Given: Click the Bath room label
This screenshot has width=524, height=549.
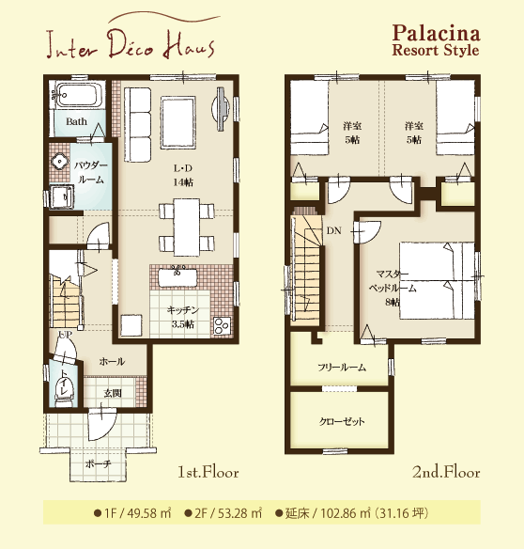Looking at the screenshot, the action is click(x=76, y=121).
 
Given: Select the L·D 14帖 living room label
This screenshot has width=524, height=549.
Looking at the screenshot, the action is click(x=183, y=175).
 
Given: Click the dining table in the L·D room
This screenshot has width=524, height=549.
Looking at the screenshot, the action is click(x=187, y=227).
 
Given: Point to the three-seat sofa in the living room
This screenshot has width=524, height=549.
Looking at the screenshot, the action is click(x=137, y=124).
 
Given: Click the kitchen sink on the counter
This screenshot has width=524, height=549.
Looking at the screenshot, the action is click(x=177, y=278).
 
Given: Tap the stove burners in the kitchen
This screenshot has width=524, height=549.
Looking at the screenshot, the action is click(x=221, y=326).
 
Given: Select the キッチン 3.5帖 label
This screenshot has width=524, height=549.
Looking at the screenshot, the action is click(x=182, y=317).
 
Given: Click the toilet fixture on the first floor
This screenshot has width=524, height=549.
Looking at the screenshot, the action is click(x=65, y=393).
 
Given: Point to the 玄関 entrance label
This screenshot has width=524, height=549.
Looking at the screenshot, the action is click(x=113, y=393).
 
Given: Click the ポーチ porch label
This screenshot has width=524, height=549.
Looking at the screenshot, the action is click(x=98, y=463).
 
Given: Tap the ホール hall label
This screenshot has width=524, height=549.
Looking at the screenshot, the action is click(x=112, y=361).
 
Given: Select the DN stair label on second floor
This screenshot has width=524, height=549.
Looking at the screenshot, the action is click(x=333, y=230).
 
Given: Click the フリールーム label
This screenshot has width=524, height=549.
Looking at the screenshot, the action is click(x=342, y=368).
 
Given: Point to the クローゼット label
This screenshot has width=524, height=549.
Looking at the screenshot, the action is click(x=342, y=421).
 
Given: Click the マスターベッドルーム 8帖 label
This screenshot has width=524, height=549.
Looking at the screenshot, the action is click(x=393, y=288).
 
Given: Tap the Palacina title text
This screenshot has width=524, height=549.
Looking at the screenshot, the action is click(x=437, y=33).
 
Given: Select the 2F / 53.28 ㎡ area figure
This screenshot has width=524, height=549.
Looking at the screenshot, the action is click(x=223, y=513).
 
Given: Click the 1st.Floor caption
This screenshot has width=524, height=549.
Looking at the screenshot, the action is click(x=208, y=473).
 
